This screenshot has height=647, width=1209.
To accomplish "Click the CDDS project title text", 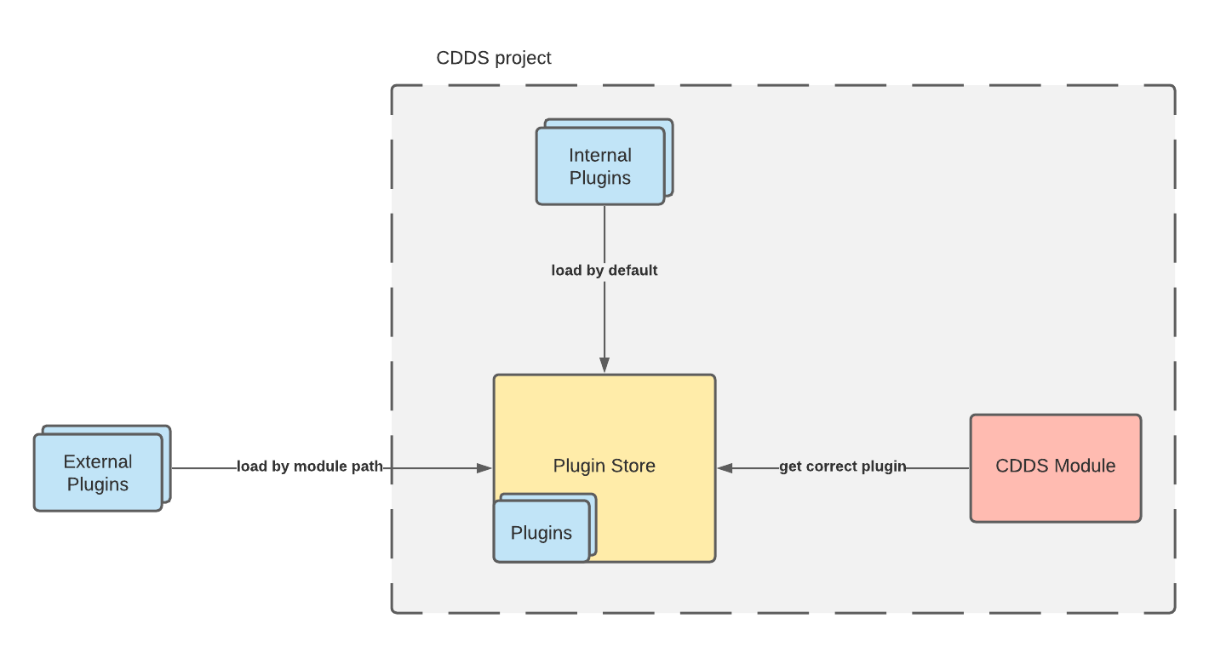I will (494, 58).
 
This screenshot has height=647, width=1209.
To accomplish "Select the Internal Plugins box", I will (600, 167).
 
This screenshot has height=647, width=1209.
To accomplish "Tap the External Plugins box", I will (98, 473).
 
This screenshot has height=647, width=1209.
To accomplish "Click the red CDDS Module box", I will (1055, 467).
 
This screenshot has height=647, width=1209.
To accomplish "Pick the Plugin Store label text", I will (604, 466).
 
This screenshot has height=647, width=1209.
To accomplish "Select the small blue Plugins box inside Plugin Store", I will (541, 533).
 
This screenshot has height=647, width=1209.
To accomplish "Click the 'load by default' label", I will (604, 271).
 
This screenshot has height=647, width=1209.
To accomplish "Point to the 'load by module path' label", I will (310, 467).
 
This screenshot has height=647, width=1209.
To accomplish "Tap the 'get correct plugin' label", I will (842, 467).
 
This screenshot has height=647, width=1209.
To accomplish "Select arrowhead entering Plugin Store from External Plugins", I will (485, 467).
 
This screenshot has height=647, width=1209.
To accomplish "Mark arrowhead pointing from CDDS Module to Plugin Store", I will (725, 467).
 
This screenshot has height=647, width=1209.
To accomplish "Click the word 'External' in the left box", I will (98, 462).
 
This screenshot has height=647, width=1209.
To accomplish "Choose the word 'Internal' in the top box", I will (600, 156).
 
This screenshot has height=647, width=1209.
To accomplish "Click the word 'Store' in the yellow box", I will (632, 466).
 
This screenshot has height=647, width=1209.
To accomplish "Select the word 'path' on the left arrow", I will (368, 467).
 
